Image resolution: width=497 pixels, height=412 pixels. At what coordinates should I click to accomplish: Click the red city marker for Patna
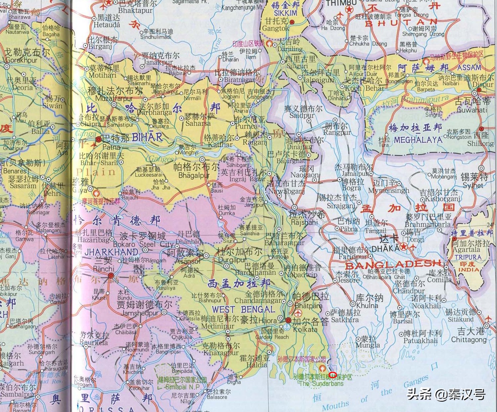click(x=99, y=139)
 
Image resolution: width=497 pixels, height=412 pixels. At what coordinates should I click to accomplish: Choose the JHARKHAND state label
click(x=111, y=252)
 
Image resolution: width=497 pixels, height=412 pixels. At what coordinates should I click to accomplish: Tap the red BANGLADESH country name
click(x=394, y=265)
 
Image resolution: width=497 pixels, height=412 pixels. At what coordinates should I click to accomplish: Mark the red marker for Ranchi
click(x=111, y=275)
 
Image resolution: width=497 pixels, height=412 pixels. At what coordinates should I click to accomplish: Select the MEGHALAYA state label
click(x=418, y=140)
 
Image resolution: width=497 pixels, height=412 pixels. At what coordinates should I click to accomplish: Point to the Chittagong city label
click(x=468, y=340)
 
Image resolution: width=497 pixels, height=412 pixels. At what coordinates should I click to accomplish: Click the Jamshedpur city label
click(x=140, y=313)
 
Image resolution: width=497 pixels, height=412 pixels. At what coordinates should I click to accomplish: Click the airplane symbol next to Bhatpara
click(x=298, y=313)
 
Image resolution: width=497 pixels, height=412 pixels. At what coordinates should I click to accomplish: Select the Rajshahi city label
click(x=304, y=222)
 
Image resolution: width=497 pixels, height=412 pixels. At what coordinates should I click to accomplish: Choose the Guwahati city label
click(x=472, y=110)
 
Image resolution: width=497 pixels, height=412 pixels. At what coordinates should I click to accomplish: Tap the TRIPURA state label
click(x=468, y=257)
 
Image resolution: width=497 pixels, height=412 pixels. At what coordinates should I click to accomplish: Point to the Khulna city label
click(x=367, y=305)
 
